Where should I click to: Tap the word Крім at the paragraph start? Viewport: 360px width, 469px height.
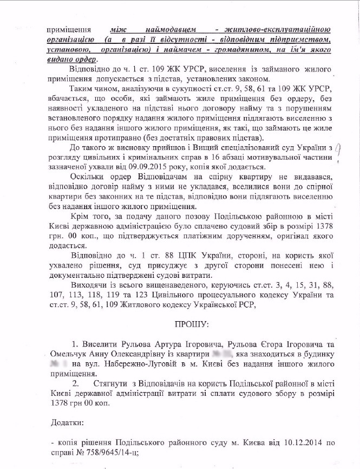pyautogui.click(x=82, y=217)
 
